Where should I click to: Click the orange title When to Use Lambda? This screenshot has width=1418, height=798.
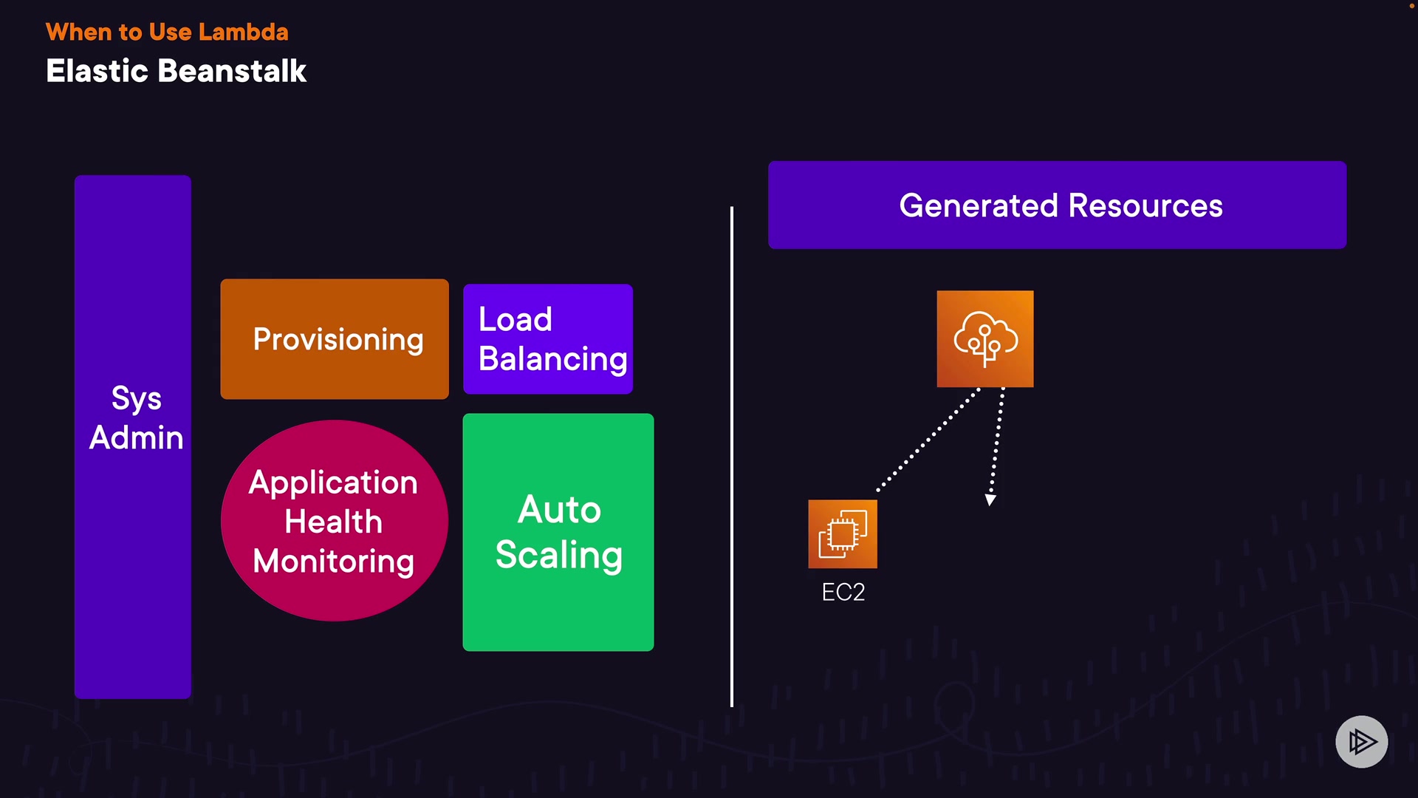[167, 32]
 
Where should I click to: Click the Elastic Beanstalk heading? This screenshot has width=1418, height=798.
[176, 71]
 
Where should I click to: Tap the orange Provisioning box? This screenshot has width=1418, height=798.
[335, 339]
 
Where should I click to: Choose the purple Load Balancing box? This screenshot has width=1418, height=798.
[548, 339]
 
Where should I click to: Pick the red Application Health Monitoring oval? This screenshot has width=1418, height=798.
[335, 521]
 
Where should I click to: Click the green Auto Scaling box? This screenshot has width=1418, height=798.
[558, 532]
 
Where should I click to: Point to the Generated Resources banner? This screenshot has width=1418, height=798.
[1057, 205]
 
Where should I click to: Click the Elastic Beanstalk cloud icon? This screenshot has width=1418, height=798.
[985, 339]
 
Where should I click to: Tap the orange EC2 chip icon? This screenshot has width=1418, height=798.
[843, 534]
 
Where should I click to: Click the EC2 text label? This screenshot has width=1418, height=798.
[843, 592]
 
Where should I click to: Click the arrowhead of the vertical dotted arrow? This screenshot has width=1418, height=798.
[990, 500]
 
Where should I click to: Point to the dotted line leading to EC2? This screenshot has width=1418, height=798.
[928, 439]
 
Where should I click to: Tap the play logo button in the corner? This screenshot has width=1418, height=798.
[1361, 741]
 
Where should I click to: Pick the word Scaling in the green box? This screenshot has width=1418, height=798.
[559, 556]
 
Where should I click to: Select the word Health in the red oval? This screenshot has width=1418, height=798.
[334, 522]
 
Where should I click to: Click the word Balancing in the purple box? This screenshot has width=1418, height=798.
[553, 359]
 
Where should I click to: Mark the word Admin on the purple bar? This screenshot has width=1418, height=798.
[137, 437]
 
